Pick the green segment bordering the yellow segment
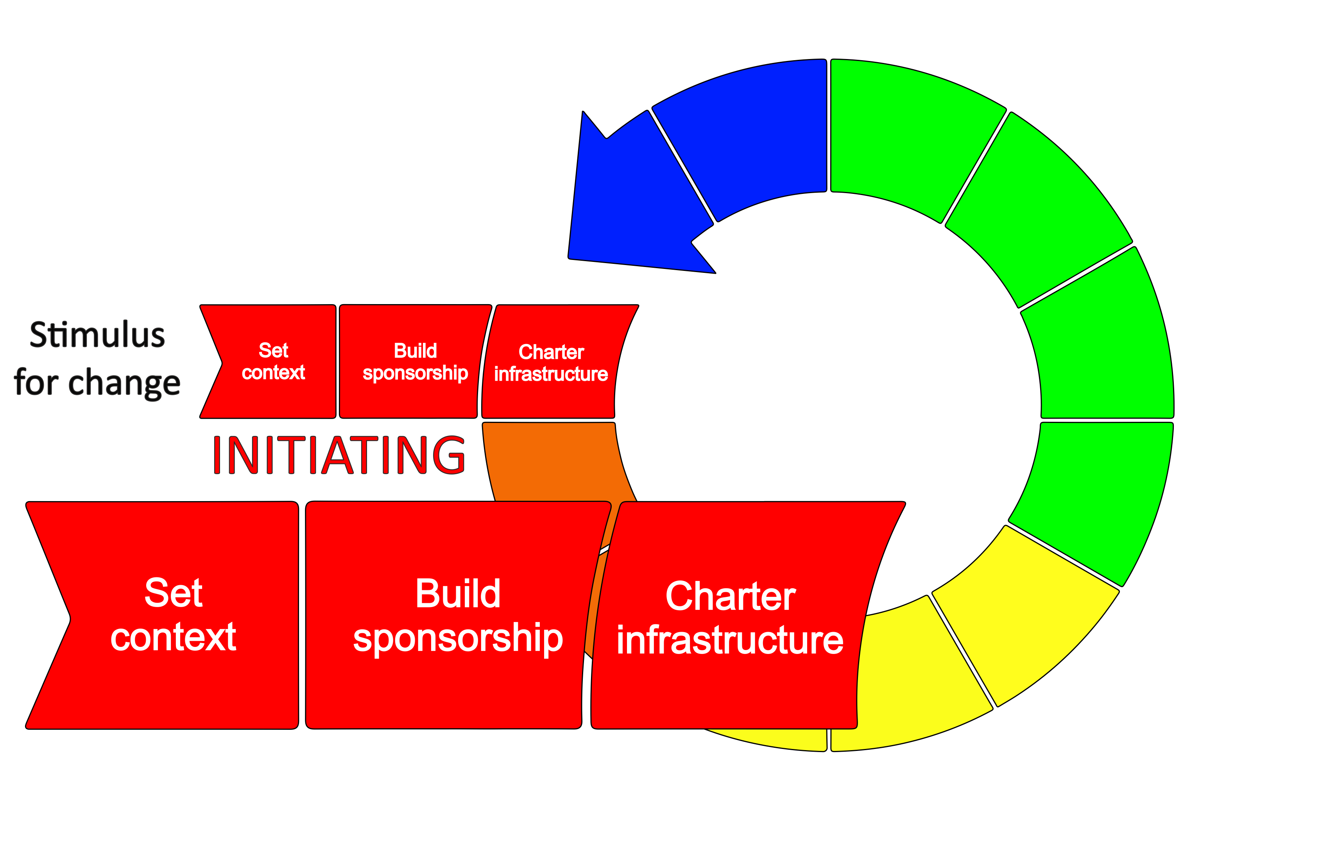coord(1091,493)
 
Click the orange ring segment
coord(553,460)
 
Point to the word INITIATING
coord(338,455)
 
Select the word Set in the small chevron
coord(273,350)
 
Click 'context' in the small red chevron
coord(273,373)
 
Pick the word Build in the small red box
coord(415,351)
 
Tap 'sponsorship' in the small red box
coord(415,373)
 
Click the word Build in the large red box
coord(458,594)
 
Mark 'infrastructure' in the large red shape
coord(730,640)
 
